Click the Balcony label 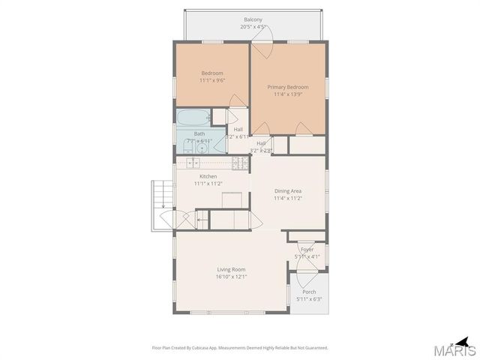253,19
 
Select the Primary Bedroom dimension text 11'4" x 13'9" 288,95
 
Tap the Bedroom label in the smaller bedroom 213,73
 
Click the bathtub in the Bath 193,118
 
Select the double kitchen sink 193,163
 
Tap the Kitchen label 208,176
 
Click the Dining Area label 288,190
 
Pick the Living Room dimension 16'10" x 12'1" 232,277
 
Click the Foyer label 307,249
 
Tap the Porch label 308,292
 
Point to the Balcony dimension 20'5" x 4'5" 253,27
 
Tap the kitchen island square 232,199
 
